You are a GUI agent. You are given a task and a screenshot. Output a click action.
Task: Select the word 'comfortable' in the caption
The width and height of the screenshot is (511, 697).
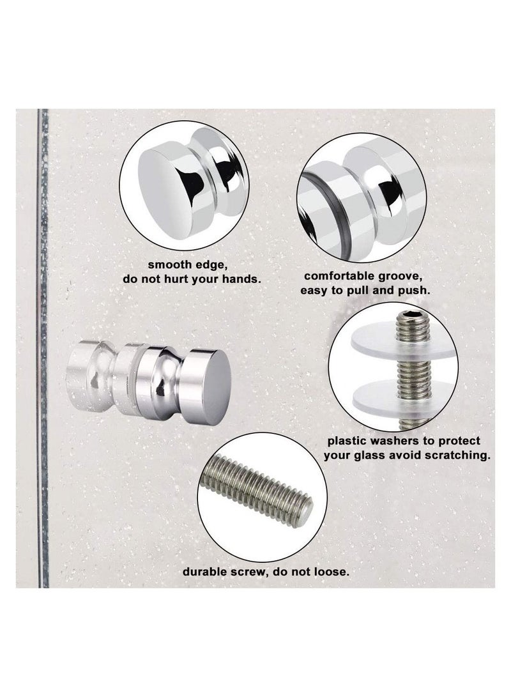[x=335, y=277]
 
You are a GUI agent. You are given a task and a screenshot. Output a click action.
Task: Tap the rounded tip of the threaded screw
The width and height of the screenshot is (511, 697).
[x=305, y=509]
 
